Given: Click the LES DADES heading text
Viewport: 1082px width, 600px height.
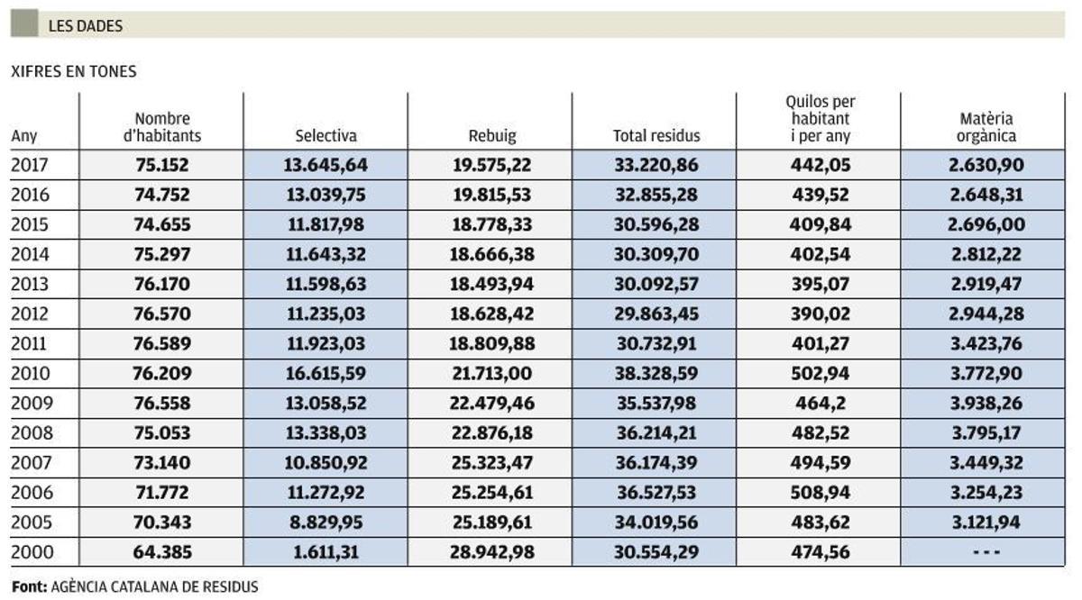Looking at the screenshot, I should pos(86,26).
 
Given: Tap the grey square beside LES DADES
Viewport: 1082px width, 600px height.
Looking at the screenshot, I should pos(24,24).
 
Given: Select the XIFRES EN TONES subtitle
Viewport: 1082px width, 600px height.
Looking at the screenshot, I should pos(73,72).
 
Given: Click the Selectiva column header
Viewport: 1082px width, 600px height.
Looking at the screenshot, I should pos(326,136).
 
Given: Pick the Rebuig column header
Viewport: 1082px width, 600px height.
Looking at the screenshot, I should pos(491,136).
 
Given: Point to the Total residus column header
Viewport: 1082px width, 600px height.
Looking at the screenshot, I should pos(656,136).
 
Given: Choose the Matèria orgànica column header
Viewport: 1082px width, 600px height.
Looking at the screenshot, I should pos(986,127).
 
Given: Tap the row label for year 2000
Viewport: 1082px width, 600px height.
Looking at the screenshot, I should pos(31,551).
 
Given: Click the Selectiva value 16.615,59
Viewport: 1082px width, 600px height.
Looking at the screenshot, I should pos(326,373).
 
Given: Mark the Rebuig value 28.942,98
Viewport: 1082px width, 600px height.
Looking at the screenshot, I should pos(491,551).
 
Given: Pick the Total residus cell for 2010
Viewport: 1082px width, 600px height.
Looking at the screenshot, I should pos(656,373).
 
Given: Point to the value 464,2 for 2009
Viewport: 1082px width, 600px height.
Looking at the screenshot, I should pos(819,403).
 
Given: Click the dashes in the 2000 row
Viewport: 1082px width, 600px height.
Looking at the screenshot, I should pos(986,551).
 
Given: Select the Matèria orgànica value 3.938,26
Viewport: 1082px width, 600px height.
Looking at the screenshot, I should pos(986,403).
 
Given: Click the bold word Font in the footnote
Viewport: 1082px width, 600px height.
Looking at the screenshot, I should pos(28,586).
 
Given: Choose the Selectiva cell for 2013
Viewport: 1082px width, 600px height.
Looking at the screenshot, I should pos(326,284).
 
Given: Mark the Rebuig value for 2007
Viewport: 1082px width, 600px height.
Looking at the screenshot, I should pos(491,462).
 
